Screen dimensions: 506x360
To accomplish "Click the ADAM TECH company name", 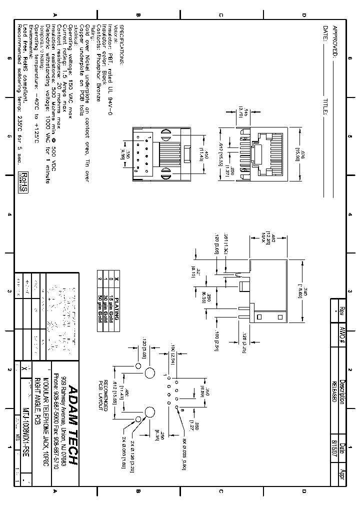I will tap(73, 425).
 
